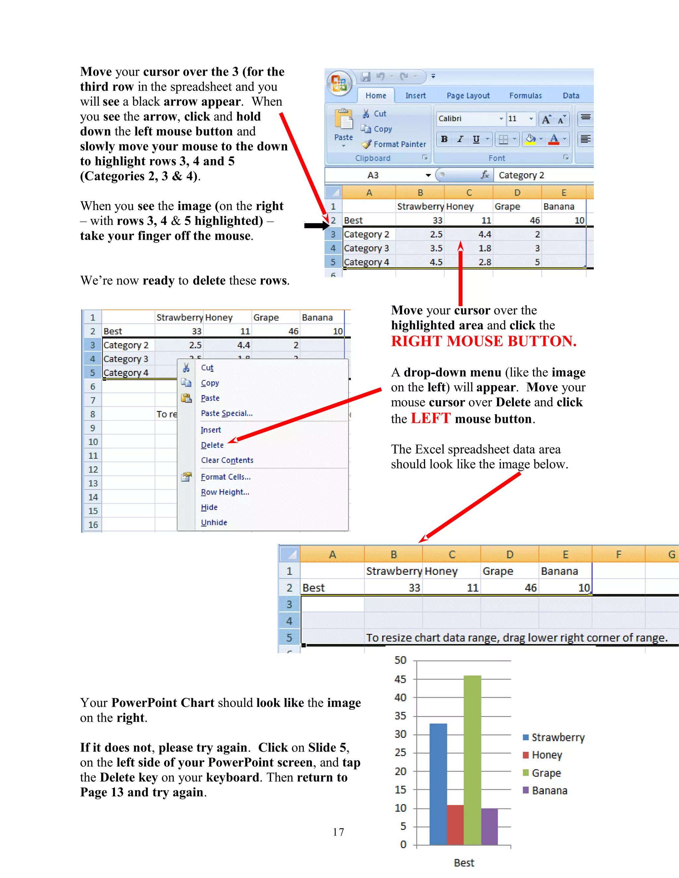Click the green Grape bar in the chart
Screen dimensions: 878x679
click(472, 760)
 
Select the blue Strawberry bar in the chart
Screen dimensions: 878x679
click(438, 784)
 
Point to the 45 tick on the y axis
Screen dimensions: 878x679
click(400, 679)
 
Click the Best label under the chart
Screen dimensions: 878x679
click(464, 863)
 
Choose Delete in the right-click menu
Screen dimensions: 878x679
click(212, 445)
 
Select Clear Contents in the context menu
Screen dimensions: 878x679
click(227, 460)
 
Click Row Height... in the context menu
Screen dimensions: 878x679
click(225, 492)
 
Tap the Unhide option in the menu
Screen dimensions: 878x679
click(214, 522)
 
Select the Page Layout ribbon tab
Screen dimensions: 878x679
click(468, 96)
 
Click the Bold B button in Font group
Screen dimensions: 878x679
click(444, 139)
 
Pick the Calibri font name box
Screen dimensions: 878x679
click(466, 119)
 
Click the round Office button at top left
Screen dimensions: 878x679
click(339, 83)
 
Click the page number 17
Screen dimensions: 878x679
click(338, 832)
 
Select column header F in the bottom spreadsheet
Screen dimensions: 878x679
click(618, 555)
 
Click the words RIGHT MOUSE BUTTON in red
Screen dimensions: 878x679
click(483, 341)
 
